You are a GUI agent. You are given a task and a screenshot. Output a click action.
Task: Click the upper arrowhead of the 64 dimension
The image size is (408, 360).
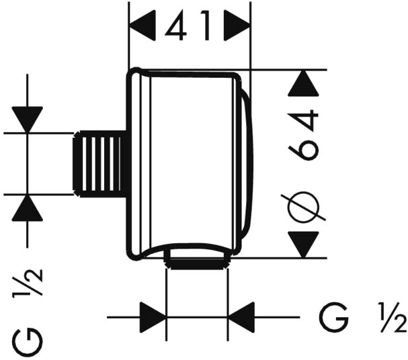[x=304, y=84]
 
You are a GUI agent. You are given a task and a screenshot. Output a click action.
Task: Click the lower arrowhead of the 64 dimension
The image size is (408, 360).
[x=304, y=243]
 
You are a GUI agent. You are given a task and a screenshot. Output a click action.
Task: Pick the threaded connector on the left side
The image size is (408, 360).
[x=101, y=163]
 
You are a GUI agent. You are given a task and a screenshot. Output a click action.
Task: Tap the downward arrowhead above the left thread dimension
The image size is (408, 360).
[x=28, y=120]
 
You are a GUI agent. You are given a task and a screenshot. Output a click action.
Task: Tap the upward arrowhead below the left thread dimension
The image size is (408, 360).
[x=28, y=208]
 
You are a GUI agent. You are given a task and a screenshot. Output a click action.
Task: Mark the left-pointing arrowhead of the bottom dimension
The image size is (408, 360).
[x=241, y=316]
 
